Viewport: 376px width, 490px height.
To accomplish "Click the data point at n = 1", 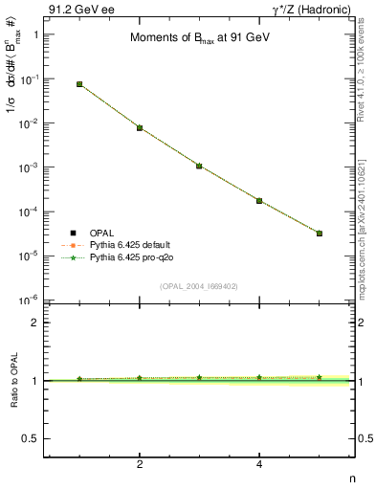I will coord(79,84).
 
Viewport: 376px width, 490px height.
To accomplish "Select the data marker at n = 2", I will coord(140,127).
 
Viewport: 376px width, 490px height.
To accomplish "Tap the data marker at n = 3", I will coord(199,166).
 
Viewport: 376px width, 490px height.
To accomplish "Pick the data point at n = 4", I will coord(259,200).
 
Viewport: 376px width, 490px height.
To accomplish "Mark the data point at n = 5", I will coord(320,234).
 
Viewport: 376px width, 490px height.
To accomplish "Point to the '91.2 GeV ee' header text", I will coord(76,10).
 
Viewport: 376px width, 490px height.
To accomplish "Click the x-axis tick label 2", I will coord(140,465).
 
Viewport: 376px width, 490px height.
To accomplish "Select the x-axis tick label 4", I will coord(259,465).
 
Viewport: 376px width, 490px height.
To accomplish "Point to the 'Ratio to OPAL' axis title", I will coord(14,381).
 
